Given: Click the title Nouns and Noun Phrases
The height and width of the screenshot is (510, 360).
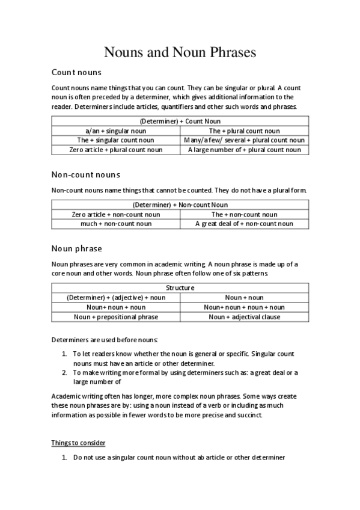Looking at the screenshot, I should click(180, 52).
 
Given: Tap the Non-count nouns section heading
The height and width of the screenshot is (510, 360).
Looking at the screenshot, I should click(86, 175).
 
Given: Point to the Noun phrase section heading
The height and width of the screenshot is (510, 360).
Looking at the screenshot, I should click(77, 248).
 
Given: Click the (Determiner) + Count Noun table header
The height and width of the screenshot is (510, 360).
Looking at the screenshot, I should click(180, 121).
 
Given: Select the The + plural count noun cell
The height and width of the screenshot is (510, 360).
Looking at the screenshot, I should click(244, 131).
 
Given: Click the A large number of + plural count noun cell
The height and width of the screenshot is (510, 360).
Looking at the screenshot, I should click(244, 150).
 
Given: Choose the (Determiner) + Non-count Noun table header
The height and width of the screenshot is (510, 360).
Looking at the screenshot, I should click(180, 204).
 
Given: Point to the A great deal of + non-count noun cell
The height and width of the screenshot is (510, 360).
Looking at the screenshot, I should click(244, 224).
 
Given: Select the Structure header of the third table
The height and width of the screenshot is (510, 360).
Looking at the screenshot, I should click(180, 287).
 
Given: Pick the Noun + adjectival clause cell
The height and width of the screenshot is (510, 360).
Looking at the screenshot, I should click(244, 317).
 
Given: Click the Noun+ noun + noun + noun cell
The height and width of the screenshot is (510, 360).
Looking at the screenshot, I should click(244, 307).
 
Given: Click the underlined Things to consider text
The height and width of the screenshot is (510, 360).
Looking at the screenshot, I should click(79, 443).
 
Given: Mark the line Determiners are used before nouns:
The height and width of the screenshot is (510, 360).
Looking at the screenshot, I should click(105, 340).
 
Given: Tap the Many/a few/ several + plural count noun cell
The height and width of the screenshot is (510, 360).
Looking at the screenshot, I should click(244, 140).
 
